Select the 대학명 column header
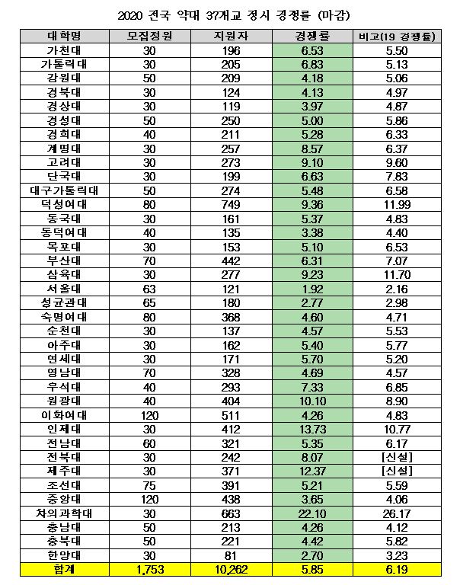[x=63, y=36]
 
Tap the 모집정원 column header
[x=150, y=36]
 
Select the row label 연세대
[x=63, y=359]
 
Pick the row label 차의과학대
[x=63, y=514]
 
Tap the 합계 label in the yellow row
[x=63, y=570]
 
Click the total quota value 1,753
[x=150, y=570]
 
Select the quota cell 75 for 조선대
[x=150, y=486]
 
